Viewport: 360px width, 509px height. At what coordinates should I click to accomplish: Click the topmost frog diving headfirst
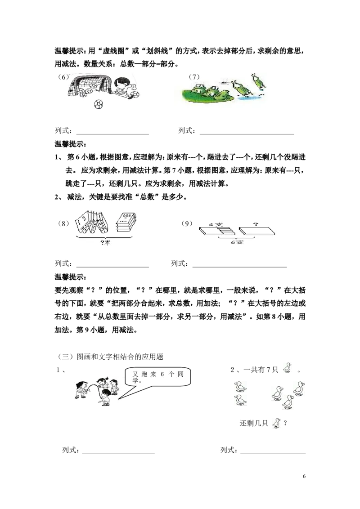click(258, 81)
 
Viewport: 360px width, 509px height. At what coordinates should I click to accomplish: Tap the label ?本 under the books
click(105, 243)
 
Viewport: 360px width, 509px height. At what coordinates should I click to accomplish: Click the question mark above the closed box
click(255, 224)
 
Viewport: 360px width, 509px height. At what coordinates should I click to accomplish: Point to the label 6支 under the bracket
click(234, 242)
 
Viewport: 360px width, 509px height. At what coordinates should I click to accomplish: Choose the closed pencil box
click(256, 232)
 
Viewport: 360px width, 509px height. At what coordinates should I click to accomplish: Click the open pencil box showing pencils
click(218, 232)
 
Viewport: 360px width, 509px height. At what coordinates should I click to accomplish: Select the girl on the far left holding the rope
click(81, 389)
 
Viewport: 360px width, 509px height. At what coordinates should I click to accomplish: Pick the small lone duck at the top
click(287, 367)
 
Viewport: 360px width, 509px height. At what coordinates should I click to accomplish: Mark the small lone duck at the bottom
click(276, 424)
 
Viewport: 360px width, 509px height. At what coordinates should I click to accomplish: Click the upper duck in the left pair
click(240, 386)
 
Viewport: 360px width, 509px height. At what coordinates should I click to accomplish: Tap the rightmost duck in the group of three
click(299, 388)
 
